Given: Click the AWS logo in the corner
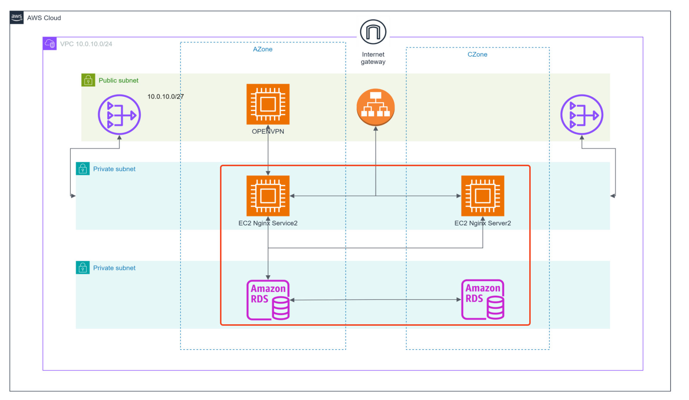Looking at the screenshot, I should [17, 17].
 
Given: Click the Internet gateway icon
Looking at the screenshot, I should [373, 32].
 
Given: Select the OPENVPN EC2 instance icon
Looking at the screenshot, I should [268, 104].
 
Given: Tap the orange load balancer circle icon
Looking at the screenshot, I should [375, 107].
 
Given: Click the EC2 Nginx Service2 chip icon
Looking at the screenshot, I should [268, 196].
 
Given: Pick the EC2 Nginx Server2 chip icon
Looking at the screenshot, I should [482, 196].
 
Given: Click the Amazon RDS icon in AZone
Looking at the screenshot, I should [268, 300].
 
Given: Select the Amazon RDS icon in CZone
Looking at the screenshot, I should [482, 300].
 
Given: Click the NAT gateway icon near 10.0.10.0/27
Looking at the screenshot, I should [119, 115].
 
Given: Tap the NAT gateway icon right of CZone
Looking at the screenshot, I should [581, 115].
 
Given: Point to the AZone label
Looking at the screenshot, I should [263, 49].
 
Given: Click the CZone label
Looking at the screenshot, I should [477, 54].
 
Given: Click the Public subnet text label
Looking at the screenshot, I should [118, 81].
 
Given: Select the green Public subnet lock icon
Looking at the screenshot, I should [88, 80].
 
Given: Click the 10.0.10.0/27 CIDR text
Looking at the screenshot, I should [165, 97].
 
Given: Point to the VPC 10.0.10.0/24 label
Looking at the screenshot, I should [86, 44].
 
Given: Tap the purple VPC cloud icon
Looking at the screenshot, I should [50, 44].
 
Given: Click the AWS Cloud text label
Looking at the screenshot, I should [44, 18].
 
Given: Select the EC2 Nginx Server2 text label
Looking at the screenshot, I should [482, 223].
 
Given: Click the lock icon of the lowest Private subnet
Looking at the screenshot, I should [83, 268].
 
